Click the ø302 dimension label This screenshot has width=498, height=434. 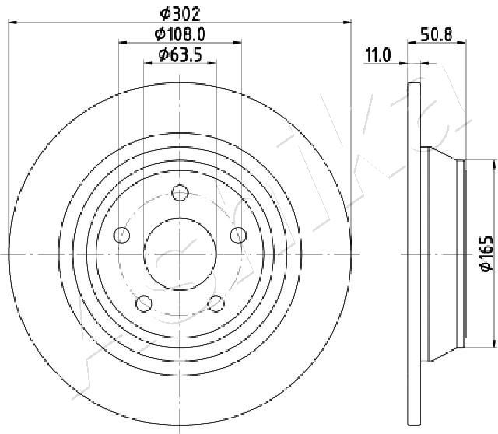[x=180, y=14]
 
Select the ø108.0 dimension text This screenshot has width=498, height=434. [x=180, y=34]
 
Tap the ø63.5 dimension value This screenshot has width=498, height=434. [x=180, y=55]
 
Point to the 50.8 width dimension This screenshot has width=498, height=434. [x=436, y=34]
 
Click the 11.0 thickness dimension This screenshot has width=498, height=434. [x=378, y=55]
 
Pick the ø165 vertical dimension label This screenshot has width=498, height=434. [x=486, y=254]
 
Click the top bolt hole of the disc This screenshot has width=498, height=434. [x=180, y=192]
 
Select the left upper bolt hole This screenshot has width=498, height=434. [x=121, y=235]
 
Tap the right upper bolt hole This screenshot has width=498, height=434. [x=238, y=235]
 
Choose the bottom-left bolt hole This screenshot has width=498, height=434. [x=144, y=303]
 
